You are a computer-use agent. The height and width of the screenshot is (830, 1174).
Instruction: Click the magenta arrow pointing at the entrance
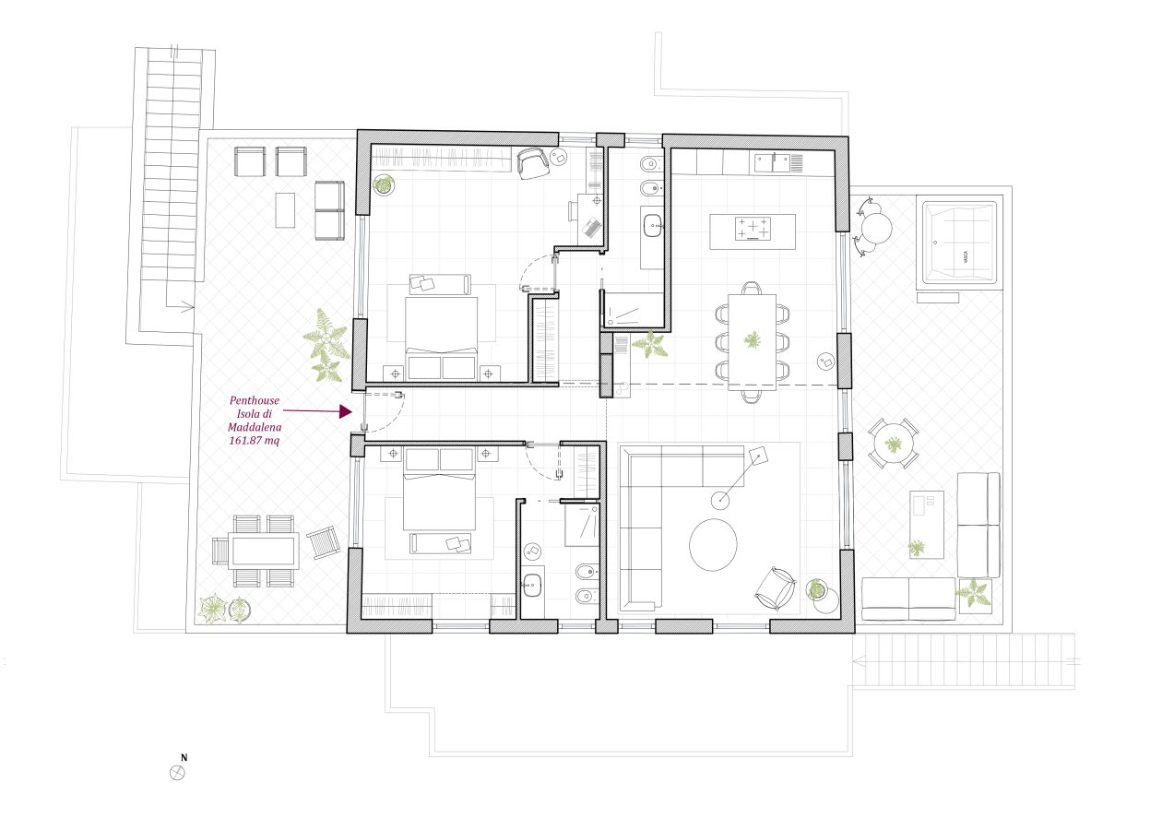317,411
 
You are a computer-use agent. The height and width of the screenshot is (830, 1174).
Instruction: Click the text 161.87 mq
255,441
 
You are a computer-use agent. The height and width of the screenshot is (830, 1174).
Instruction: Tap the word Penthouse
255,401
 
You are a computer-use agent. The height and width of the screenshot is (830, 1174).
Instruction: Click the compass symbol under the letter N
178,773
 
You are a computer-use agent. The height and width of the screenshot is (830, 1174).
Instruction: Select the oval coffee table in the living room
713,545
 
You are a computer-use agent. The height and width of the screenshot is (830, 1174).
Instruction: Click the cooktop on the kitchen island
753,229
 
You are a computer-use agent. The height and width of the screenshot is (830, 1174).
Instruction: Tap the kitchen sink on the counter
772,163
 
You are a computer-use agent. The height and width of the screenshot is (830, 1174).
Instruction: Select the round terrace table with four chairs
893,444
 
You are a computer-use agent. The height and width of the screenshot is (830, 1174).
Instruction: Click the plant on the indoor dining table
753,340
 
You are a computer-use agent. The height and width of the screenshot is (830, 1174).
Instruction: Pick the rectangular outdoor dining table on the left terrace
263,551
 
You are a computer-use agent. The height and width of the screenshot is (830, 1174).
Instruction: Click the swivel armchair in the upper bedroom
534,163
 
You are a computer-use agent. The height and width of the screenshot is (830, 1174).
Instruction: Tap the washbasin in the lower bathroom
532,586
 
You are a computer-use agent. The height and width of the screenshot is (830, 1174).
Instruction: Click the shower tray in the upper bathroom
634,312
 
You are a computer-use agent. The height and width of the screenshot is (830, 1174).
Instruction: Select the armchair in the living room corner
776,588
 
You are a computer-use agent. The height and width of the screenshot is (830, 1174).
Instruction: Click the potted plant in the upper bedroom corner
384,185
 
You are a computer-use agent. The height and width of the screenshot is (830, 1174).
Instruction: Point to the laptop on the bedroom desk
592,228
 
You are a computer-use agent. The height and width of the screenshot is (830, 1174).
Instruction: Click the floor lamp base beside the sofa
720,501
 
